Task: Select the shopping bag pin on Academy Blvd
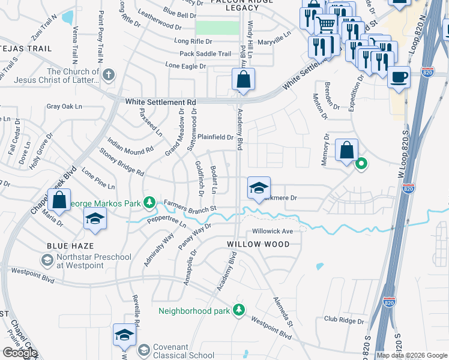tap(243, 80)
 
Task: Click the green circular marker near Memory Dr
tap(361, 163)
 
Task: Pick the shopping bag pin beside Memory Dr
tap(347, 151)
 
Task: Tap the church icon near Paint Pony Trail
tap(108, 75)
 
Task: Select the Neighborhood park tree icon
tap(239, 310)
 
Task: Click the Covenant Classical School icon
tap(143, 349)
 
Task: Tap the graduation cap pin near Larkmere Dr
tap(258, 188)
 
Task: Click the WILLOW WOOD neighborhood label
tap(258, 244)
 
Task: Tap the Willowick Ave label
tap(272, 231)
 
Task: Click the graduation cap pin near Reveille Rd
tap(124, 335)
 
